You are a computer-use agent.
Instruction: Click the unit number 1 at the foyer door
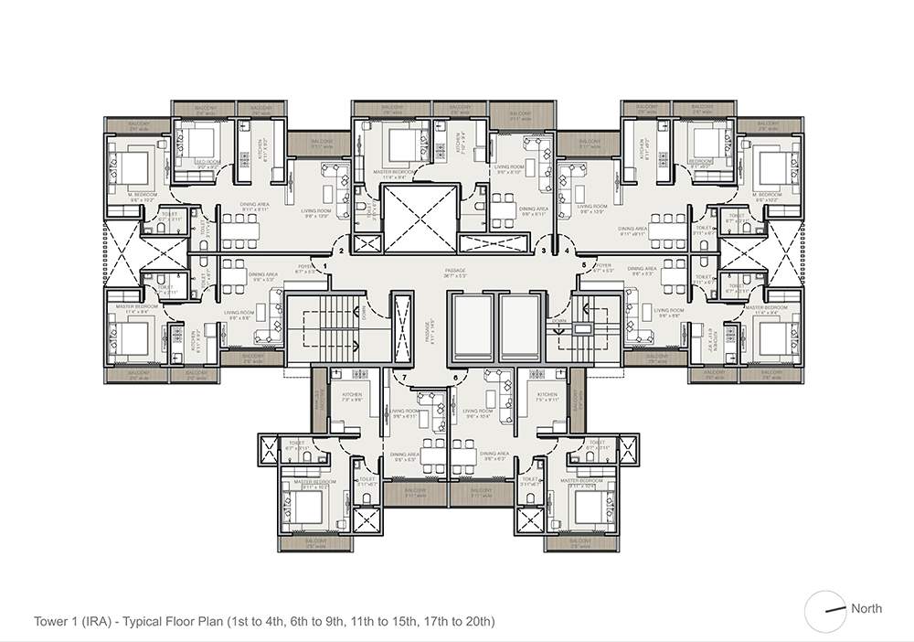click(x=324, y=265)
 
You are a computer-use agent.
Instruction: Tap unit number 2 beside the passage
click(x=341, y=250)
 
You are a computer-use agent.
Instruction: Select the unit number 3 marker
click(x=544, y=250)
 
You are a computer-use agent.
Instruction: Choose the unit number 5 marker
click(x=584, y=265)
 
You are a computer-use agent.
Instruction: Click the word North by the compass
click(x=866, y=608)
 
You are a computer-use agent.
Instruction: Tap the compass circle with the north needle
click(x=826, y=610)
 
